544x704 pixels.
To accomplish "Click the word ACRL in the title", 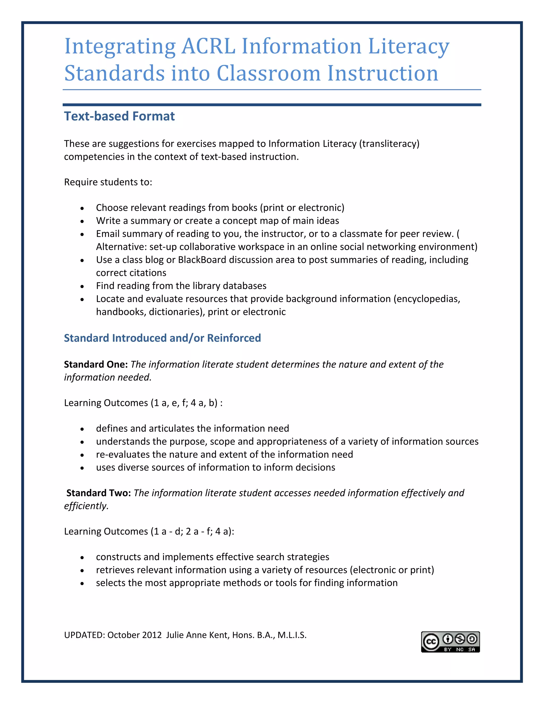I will click(x=208, y=46).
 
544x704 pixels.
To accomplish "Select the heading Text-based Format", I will click(x=119, y=116).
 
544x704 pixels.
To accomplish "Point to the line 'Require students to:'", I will click(x=108, y=182).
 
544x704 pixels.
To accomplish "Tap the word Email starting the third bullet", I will click(x=108, y=234).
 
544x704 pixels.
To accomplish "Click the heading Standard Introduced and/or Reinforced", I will click(x=162, y=338).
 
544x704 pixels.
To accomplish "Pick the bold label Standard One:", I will click(x=96, y=364).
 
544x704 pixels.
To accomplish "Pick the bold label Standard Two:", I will click(x=98, y=493).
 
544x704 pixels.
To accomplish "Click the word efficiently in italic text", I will click(x=86, y=506).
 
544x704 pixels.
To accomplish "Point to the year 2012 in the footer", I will click(x=152, y=635).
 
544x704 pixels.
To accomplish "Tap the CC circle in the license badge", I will click(x=431, y=642).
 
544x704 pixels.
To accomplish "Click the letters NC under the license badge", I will click(x=460, y=650).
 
